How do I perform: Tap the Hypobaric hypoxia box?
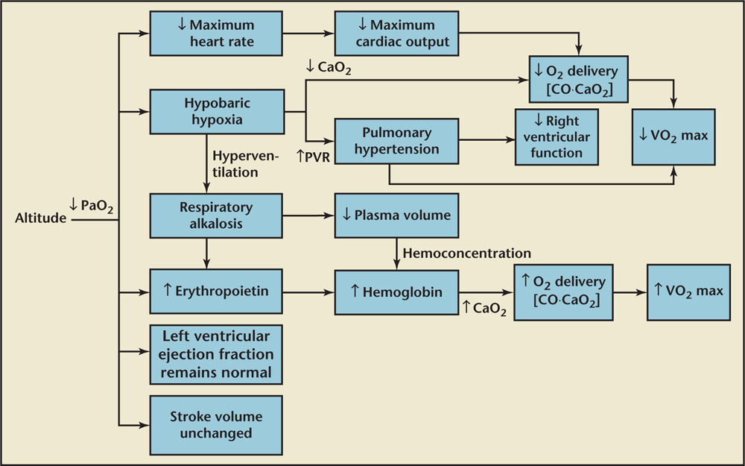pyautogui.click(x=216, y=113)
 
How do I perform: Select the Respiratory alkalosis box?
pyautogui.click(x=216, y=215)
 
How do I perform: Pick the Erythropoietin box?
pyautogui.click(x=216, y=290)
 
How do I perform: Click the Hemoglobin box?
pyautogui.click(x=396, y=292)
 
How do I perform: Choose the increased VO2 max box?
pyautogui.click(x=685, y=292)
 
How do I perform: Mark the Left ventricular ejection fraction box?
pyautogui.click(x=216, y=353)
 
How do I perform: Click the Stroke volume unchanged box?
pyautogui.click(x=216, y=425)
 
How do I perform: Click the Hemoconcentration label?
pyautogui.click(x=467, y=254)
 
